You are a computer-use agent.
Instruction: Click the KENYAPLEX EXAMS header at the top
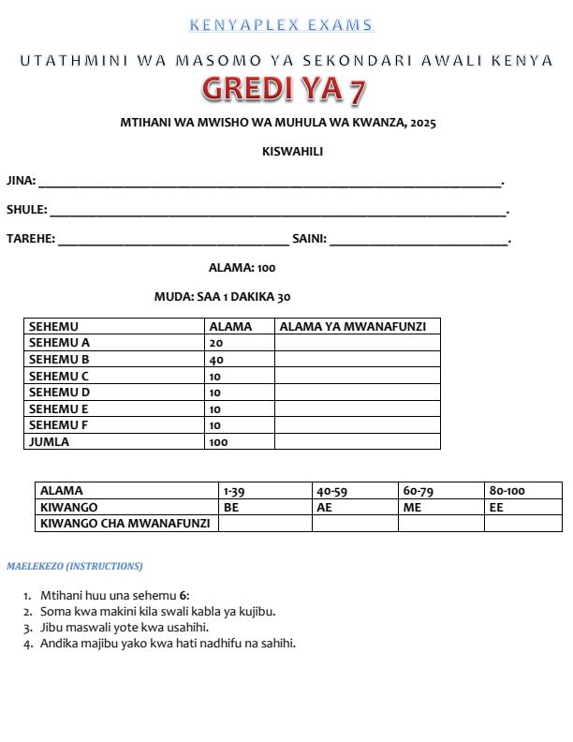[281, 25]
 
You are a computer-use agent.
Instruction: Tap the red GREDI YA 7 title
[284, 90]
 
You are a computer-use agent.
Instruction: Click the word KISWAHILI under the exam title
[292, 152]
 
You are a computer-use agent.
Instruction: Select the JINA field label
[21, 181]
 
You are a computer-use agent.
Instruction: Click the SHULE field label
[26, 210]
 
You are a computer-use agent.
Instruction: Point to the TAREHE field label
[30, 239]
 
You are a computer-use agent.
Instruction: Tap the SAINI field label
[309, 239]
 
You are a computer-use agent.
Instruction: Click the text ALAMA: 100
[242, 268]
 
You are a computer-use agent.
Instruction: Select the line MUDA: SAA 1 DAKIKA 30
[222, 297]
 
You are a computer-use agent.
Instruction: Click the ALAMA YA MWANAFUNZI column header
[353, 327]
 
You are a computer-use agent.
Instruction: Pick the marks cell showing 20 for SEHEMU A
[216, 343]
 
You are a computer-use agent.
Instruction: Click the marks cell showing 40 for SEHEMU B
[216, 360]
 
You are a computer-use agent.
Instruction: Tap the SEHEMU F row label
[58, 425]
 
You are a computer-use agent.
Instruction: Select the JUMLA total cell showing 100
[219, 441]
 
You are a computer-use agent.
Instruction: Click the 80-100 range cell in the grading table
[507, 491]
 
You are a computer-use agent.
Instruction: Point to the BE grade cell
[231, 507]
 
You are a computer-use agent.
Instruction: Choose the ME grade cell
[412, 507]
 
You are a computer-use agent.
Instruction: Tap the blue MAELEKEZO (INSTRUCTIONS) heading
[75, 567]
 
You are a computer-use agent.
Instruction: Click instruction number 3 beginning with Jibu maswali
[124, 628]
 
